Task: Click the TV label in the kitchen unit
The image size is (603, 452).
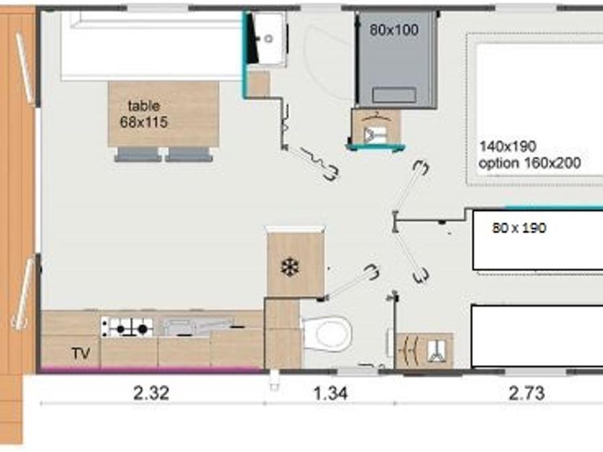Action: pyautogui.click(x=81, y=353)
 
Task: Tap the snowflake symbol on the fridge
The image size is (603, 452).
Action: pyautogui.click(x=290, y=267)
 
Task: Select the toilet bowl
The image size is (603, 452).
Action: pyautogui.click(x=328, y=333)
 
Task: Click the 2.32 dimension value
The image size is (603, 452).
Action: pyautogui.click(x=151, y=393)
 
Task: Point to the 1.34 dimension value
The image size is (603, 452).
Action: pyautogui.click(x=330, y=393)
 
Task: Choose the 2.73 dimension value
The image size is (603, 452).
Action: pyautogui.click(x=527, y=393)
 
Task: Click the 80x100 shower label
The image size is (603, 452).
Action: pyautogui.click(x=394, y=29)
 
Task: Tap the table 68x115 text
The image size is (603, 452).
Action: pyautogui.click(x=144, y=114)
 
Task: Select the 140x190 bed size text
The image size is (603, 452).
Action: pyautogui.click(x=508, y=146)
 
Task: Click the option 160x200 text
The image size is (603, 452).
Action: pyautogui.click(x=529, y=163)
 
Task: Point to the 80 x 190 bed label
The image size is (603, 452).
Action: pyautogui.click(x=519, y=228)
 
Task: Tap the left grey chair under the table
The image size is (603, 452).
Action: pyautogui.click(x=137, y=155)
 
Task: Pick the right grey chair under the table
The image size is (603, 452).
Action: pyautogui.click(x=189, y=155)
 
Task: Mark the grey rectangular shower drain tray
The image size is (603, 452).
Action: pyautogui.click(x=394, y=95)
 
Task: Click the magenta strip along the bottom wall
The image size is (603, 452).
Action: pyautogui.click(x=151, y=370)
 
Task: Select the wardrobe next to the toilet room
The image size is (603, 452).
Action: pyautogui.click(x=425, y=350)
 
